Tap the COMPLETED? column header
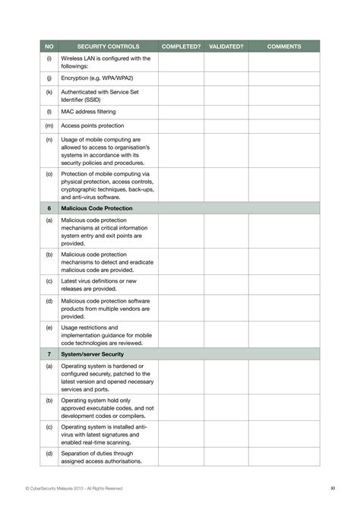(181, 46)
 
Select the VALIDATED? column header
(226, 46)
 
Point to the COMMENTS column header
(284, 46)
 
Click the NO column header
(49, 46)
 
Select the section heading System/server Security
(92, 353)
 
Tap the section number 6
(49, 207)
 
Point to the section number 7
(49, 353)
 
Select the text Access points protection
(92, 125)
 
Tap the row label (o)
(49, 173)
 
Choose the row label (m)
(49, 125)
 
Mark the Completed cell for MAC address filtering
(181, 111)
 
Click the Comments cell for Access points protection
(284, 125)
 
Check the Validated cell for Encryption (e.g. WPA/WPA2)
(226, 78)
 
